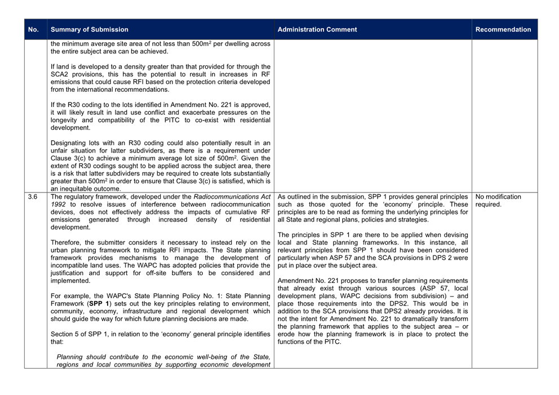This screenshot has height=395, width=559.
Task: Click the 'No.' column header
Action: click(33, 30)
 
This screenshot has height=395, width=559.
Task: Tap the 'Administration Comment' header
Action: click(317, 30)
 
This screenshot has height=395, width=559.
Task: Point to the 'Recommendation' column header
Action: click(503, 30)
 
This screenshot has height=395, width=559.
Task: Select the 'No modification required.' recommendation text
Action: click(498, 201)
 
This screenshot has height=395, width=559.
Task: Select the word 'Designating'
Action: click(70, 143)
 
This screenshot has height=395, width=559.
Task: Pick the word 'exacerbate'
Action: click(186, 112)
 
